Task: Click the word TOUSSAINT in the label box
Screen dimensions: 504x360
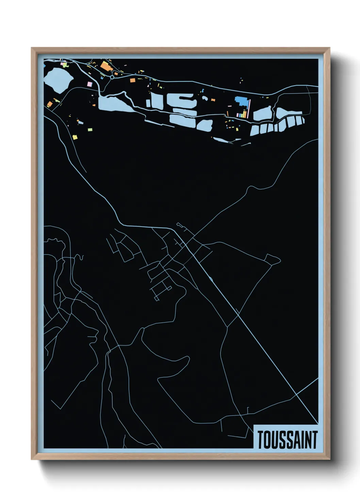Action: [287, 440]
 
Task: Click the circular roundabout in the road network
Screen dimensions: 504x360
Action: [112, 77]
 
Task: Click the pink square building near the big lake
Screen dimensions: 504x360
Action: [90, 84]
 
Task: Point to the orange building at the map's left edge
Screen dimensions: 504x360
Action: [49, 104]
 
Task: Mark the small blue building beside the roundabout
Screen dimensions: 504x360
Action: [101, 78]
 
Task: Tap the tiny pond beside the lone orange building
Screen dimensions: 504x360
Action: [204, 98]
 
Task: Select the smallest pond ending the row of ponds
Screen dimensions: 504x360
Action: [302, 121]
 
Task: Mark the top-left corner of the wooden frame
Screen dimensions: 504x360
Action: [32, 48]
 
